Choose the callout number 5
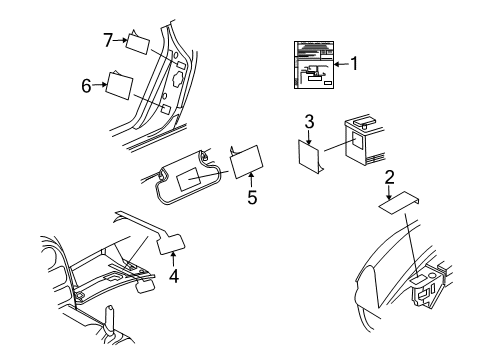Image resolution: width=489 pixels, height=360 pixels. click(x=252, y=197)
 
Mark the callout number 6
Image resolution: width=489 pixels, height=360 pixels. click(x=86, y=86)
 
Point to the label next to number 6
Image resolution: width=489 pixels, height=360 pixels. click(x=123, y=86)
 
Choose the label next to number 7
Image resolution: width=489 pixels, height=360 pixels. click(x=139, y=43)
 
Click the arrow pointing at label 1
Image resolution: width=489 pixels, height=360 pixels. click(x=340, y=64)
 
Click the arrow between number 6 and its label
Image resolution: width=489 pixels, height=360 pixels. click(x=101, y=86)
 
